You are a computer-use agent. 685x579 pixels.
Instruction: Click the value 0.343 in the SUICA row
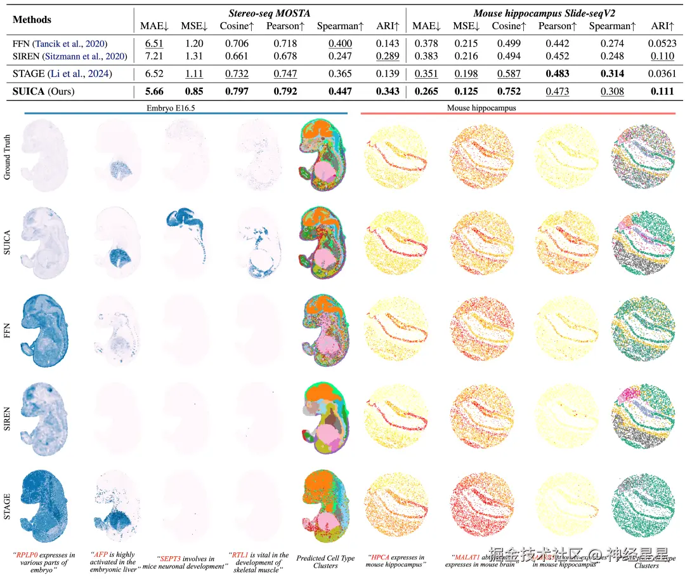[x=388, y=91]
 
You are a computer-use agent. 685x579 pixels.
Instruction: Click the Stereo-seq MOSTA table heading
[x=269, y=13]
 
